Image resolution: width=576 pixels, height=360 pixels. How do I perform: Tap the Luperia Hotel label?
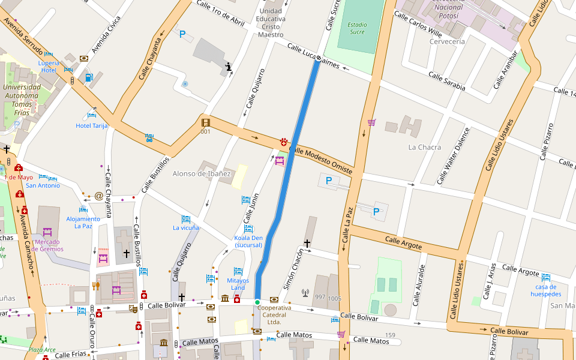pos(49,66)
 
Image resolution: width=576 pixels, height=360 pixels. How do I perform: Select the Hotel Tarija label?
pos(91,125)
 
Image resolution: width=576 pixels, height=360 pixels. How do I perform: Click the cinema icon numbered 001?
pos(206,123)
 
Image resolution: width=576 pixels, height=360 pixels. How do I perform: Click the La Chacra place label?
pos(424,147)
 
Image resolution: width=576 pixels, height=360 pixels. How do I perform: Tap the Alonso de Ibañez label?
pos(202,174)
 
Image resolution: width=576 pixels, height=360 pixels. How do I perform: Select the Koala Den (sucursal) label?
pos(248,241)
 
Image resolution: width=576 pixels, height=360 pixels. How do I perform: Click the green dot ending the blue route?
pos(257,302)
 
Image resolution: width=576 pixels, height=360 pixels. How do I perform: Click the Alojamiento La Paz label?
pos(83,222)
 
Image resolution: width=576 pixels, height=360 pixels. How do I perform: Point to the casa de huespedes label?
pos(546,290)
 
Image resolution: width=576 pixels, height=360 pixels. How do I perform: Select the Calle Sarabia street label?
pos(446,82)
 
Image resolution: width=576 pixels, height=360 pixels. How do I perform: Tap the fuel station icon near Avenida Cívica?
pos(89,77)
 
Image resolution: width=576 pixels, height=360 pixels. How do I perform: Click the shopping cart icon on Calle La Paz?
pos(372,122)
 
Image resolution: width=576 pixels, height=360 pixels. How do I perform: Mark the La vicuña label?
pos(186,227)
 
